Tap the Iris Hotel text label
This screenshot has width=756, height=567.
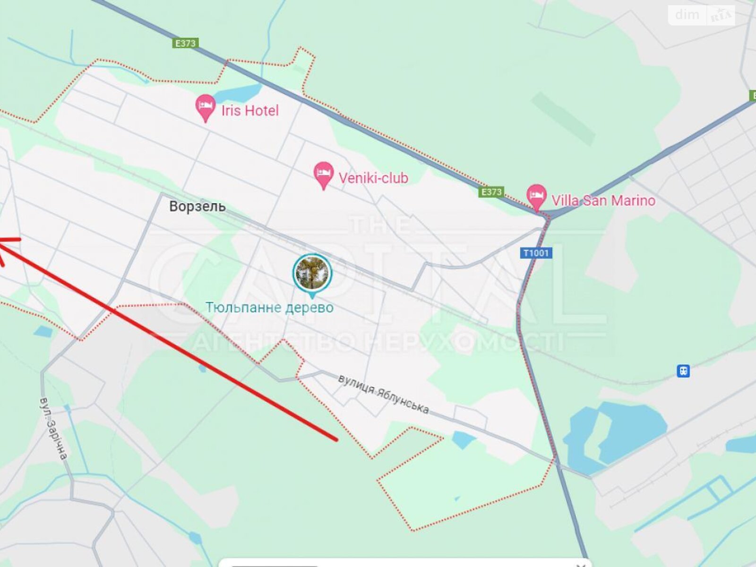250,111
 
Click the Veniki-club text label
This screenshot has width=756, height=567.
373,178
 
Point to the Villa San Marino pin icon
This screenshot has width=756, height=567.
536,196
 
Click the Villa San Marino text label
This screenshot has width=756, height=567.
603,200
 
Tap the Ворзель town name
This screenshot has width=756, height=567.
198,206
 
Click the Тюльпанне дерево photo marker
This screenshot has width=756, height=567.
312,273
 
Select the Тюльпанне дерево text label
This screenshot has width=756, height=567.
269,308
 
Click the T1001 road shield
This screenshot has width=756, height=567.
536,253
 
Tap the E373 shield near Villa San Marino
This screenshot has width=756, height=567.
491,192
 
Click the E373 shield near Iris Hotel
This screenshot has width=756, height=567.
185,43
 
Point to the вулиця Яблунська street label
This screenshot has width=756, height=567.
384,394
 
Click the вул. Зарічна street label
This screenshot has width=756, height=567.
53,429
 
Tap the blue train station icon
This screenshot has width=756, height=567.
683,371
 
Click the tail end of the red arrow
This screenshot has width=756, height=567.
336,440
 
